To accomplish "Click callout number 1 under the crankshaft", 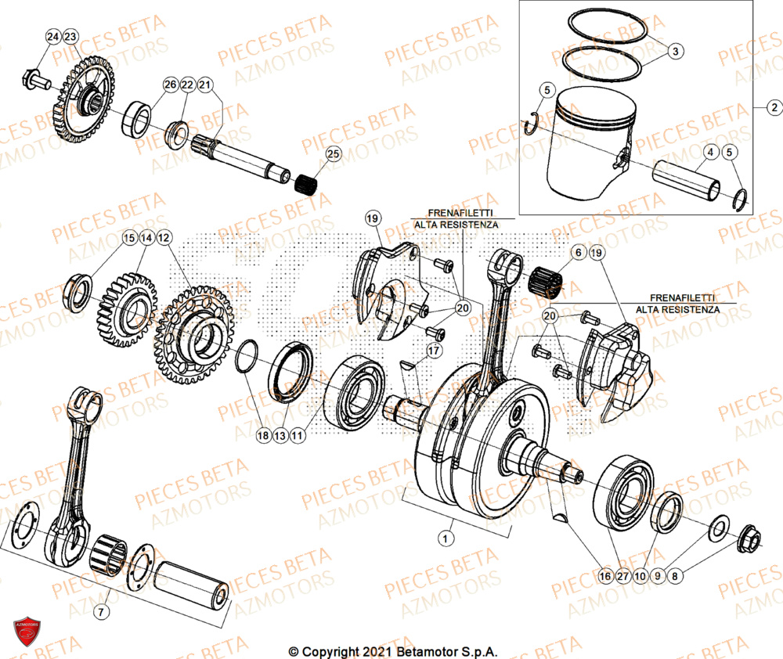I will click(x=446, y=538).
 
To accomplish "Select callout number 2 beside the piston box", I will click(x=772, y=107).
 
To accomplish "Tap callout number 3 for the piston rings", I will click(x=676, y=50).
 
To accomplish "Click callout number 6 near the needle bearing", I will click(x=578, y=253).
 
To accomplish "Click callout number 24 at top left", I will click(x=52, y=38).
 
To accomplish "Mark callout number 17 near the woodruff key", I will click(x=431, y=351).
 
